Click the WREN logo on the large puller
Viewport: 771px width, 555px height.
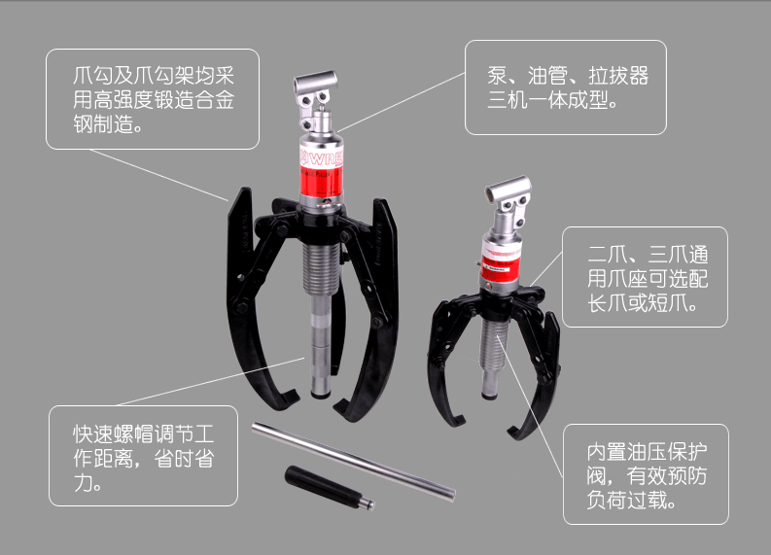[321, 158]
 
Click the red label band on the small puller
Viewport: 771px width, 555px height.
[499, 268]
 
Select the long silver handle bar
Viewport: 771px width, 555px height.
[353, 461]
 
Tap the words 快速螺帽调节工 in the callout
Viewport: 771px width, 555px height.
[144, 434]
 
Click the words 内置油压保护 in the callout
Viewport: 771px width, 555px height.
[648, 452]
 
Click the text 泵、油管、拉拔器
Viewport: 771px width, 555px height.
[568, 76]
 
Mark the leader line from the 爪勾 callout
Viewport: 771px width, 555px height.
[158, 175]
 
